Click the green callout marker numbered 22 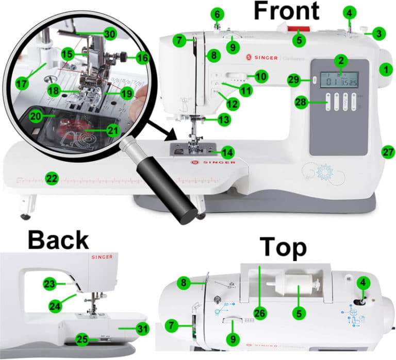tap(52, 178)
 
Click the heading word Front tap(286, 11)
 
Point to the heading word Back tap(58, 240)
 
